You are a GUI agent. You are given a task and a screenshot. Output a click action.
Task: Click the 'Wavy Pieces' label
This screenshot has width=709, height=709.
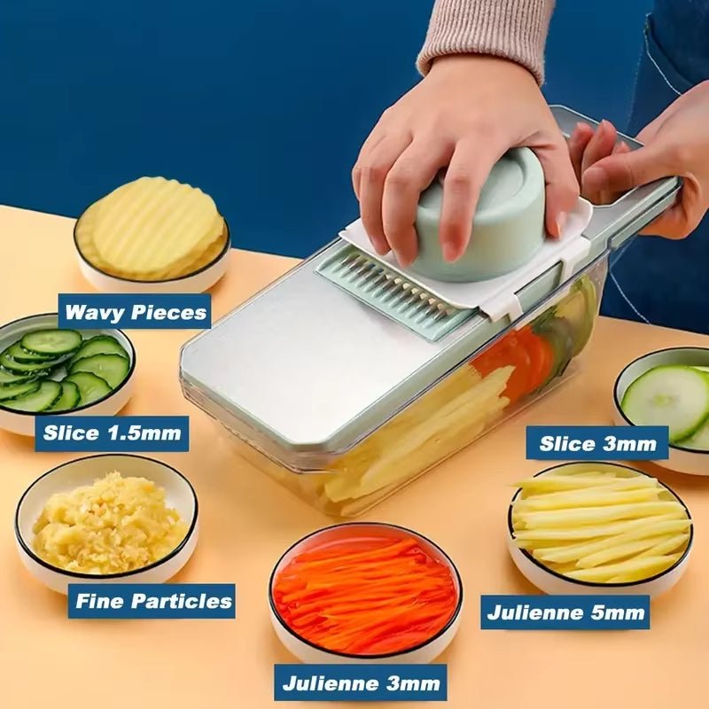coord(136,311)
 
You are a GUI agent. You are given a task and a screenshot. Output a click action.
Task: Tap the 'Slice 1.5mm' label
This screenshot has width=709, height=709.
coord(112,433)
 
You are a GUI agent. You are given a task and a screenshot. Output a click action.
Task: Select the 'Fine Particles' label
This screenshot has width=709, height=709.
coord(152,601)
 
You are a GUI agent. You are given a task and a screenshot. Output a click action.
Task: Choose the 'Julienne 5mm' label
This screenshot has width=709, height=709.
coord(565,612)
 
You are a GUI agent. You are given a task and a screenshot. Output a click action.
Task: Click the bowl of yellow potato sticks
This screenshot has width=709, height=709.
coord(599,528)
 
